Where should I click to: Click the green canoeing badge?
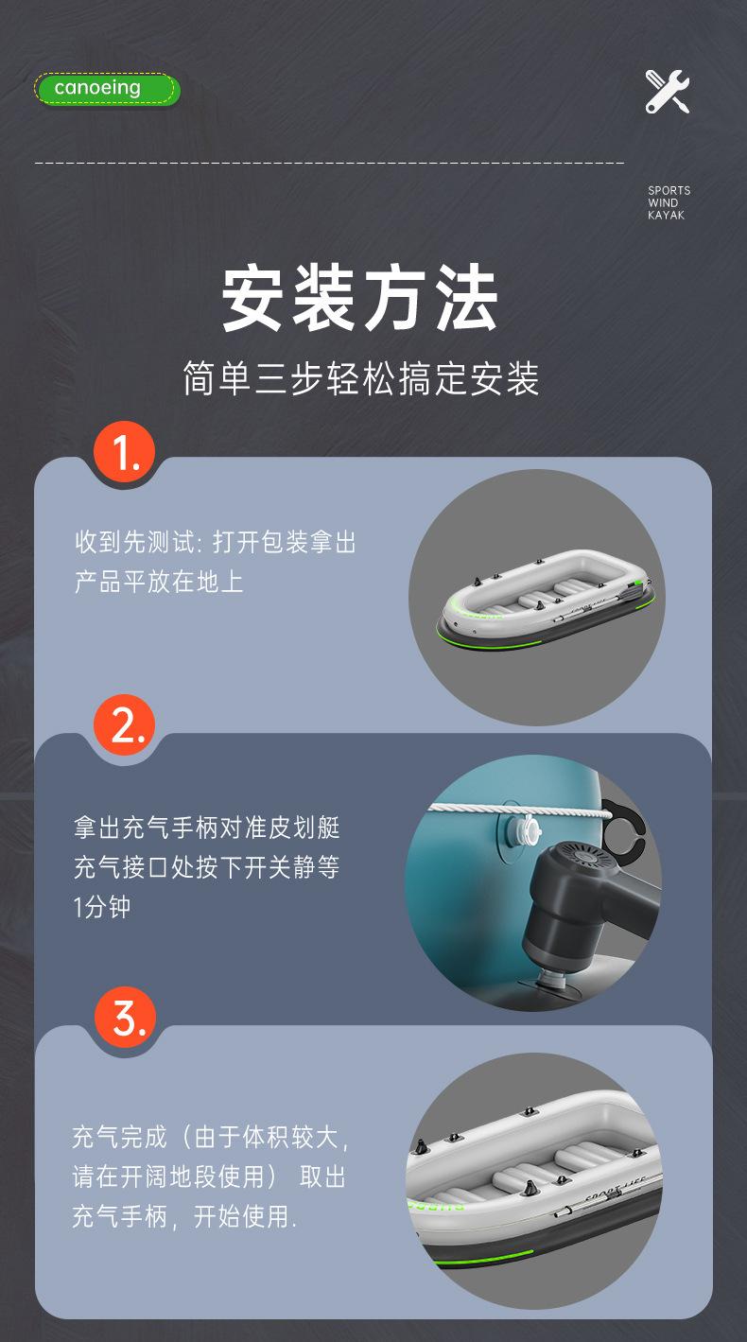[x=107, y=89]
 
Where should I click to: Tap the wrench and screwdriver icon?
[x=668, y=92]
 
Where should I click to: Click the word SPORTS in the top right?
[x=669, y=191]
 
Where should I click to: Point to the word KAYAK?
[x=666, y=216]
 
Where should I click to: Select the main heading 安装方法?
[x=360, y=299]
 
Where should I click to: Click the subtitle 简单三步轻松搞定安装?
[x=360, y=379]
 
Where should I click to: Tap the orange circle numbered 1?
[x=124, y=455]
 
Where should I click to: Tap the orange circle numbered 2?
[x=124, y=725]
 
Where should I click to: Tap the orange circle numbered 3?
[x=124, y=1018]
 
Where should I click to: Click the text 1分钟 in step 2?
[x=102, y=907]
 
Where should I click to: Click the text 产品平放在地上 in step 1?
[x=159, y=582]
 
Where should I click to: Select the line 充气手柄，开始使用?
[x=184, y=1216]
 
